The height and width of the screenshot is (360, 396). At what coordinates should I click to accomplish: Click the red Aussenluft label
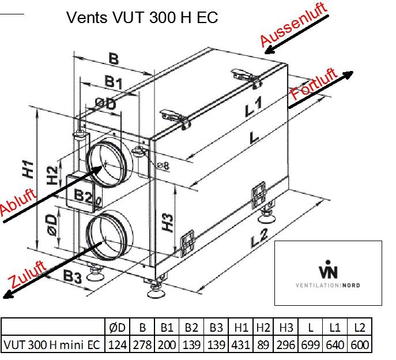pos(294,24)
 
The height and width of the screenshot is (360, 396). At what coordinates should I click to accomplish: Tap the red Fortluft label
pos(314,84)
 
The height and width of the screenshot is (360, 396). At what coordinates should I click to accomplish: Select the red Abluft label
pos(18,202)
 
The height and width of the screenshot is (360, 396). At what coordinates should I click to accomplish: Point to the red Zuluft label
pos(27,275)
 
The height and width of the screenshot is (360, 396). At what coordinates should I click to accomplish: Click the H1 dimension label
pos(28,169)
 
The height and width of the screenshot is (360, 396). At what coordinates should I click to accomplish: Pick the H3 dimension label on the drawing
pos(167,223)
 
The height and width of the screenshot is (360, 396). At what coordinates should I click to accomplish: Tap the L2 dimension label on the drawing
pos(259,238)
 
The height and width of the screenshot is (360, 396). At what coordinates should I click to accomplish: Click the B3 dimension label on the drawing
pos(73,276)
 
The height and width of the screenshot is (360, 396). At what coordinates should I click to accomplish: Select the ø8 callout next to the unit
pos(163,166)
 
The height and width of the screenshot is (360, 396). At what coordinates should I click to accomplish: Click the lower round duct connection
pos(109,235)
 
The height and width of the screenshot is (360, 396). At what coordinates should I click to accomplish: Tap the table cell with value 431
pos(241,344)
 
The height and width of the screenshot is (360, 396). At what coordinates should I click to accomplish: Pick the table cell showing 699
pos(310,344)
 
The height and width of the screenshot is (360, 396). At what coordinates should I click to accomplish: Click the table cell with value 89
pos(263,344)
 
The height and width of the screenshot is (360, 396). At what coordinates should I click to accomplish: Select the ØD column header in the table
pos(117,327)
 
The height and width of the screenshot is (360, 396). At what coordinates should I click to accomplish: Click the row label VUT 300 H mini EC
pos(52,344)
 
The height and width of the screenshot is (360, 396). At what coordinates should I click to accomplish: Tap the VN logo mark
pos(328,269)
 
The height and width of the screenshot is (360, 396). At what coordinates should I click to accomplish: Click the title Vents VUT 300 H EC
pos(142,17)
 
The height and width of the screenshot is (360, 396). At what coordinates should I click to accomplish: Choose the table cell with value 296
pos(286,344)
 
